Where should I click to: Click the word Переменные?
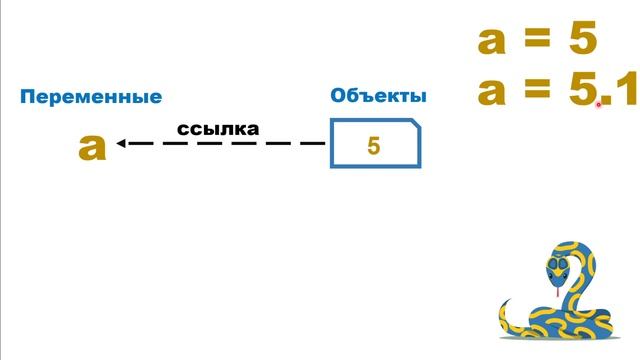point(91,97)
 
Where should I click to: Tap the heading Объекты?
point(378,96)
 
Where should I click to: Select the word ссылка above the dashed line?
point(218,129)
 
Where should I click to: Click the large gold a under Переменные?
point(92,147)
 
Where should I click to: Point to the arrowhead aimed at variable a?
point(121,143)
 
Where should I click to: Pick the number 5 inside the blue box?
point(374,146)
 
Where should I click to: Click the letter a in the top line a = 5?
point(494,41)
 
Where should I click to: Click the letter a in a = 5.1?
point(494,92)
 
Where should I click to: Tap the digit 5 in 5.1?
point(581,92)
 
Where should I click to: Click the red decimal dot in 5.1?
point(600,104)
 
